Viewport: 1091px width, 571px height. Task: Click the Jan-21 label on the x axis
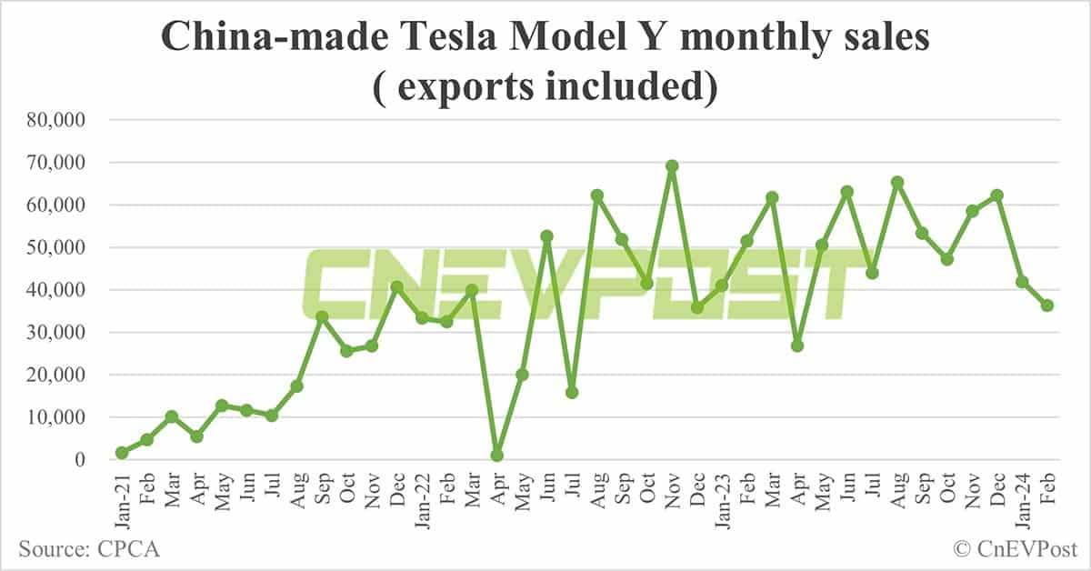[x=123, y=498]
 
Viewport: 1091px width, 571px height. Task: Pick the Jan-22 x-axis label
[x=423, y=498]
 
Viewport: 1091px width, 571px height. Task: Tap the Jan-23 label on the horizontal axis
[x=723, y=498]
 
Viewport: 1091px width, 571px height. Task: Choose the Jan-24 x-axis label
[x=1023, y=498]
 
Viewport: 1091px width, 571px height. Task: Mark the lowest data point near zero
[x=497, y=456]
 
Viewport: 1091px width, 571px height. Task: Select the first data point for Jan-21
[x=122, y=453]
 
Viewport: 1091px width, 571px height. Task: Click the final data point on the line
[x=1047, y=306]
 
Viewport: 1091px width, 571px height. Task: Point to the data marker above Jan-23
[x=723, y=285]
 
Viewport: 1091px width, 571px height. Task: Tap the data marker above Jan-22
[x=422, y=318]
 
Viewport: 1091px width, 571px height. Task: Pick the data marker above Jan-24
[x=1023, y=282]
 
